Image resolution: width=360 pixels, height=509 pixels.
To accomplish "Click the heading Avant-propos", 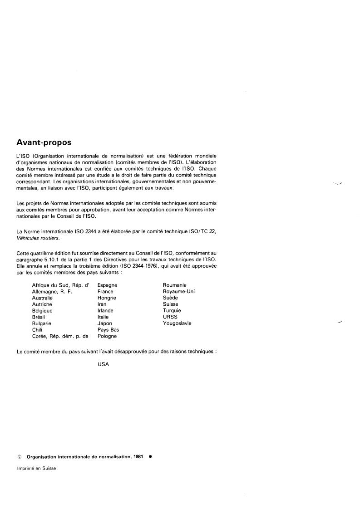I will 44,142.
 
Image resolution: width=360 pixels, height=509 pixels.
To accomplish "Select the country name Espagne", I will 108,285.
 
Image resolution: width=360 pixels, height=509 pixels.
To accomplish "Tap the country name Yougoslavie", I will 177,323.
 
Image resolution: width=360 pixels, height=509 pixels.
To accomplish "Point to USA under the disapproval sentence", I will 103,364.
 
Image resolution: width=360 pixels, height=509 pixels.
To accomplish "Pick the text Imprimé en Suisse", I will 36,468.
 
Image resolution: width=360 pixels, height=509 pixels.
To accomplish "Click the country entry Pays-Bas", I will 108,330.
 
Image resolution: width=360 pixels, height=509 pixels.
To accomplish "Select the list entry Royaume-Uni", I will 179,292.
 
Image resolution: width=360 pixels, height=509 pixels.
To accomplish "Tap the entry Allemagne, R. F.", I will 52,292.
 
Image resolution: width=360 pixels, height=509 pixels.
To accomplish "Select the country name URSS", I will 170,317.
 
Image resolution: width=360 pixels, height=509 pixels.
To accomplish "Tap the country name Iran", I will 102,304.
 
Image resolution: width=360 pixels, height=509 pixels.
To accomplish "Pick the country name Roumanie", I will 175,285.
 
